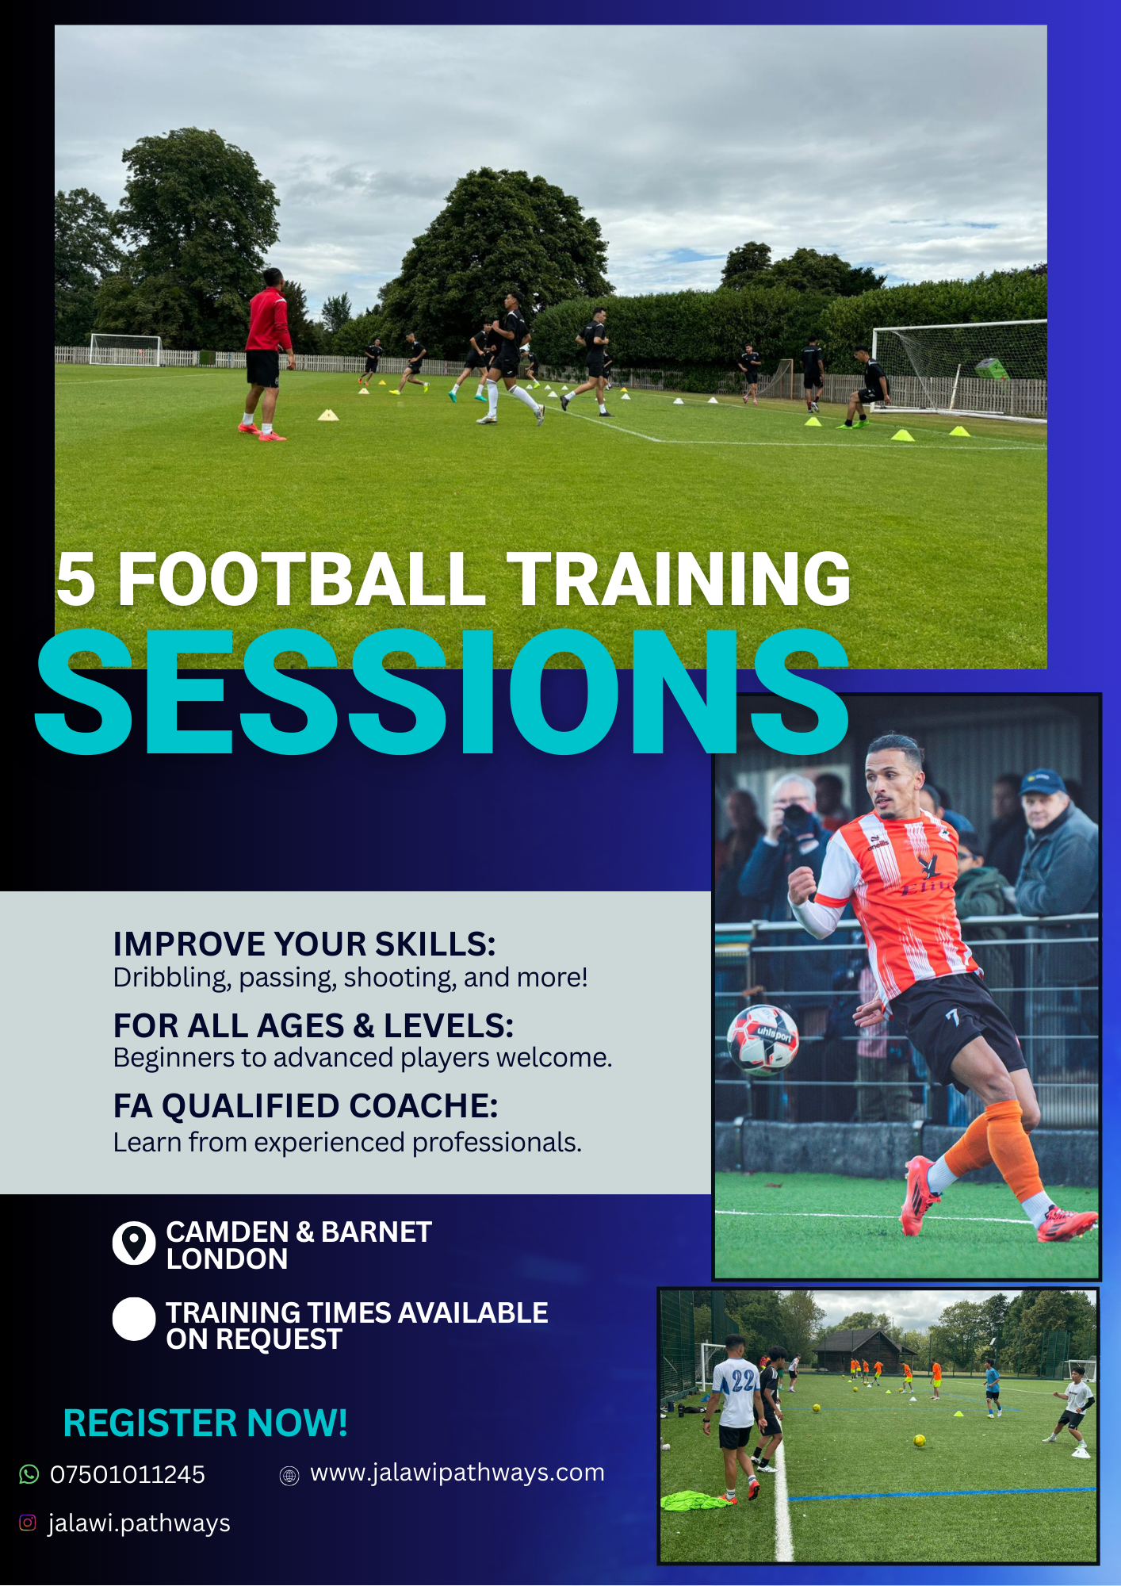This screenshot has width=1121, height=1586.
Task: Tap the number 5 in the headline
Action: click(x=76, y=580)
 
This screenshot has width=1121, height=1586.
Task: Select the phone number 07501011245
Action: click(x=127, y=1475)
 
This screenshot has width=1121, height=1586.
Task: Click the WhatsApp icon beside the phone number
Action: click(x=29, y=1474)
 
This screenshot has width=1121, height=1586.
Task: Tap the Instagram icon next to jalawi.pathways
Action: click(x=28, y=1523)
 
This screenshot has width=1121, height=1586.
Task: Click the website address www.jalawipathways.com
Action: click(x=457, y=1473)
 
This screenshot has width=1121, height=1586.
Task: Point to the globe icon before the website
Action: click(x=289, y=1476)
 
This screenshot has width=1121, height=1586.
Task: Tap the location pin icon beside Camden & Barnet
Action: click(x=134, y=1243)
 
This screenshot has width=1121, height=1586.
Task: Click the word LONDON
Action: click(x=227, y=1259)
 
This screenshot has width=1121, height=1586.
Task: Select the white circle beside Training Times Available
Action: click(x=134, y=1320)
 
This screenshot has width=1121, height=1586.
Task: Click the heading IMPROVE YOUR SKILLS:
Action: click(x=304, y=944)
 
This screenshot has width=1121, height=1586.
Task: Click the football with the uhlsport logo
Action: click(x=763, y=1039)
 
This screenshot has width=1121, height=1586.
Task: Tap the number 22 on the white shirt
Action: click(x=743, y=1381)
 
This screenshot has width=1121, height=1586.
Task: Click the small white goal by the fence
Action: click(x=126, y=350)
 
